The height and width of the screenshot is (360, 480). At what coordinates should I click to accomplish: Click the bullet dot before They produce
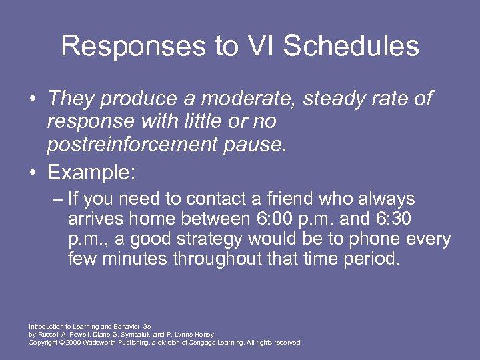[x=32, y=99]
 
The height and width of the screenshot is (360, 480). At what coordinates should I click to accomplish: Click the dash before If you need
[x=57, y=199]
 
